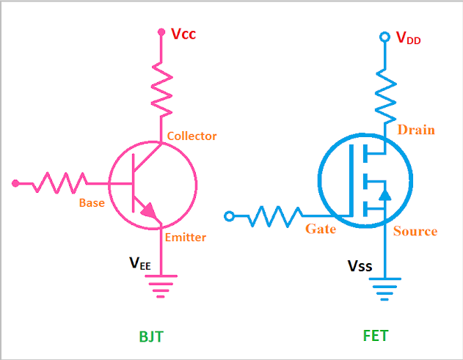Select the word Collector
click(x=192, y=136)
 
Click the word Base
click(x=92, y=203)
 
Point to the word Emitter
click(x=185, y=238)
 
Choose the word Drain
click(x=416, y=130)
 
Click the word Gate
click(x=321, y=229)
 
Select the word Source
click(x=415, y=231)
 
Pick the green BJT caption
click(x=151, y=337)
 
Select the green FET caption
click(x=375, y=337)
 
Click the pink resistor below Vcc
click(x=161, y=88)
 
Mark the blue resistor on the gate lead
click(x=275, y=216)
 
